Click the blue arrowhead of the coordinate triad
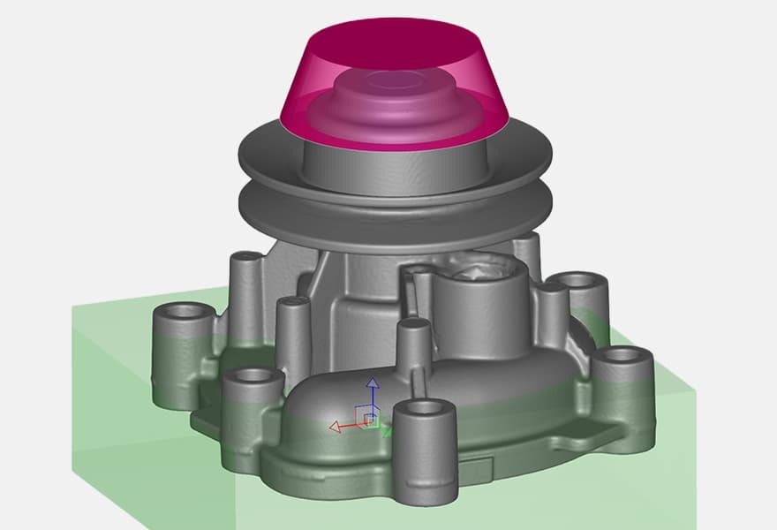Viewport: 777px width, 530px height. pos(373,383)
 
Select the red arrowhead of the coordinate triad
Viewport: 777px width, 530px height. pos(335,428)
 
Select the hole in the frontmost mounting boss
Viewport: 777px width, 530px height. pos(423,407)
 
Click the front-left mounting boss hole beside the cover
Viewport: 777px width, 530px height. pos(253,375)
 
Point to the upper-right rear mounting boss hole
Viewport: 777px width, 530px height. pos(578,282)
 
